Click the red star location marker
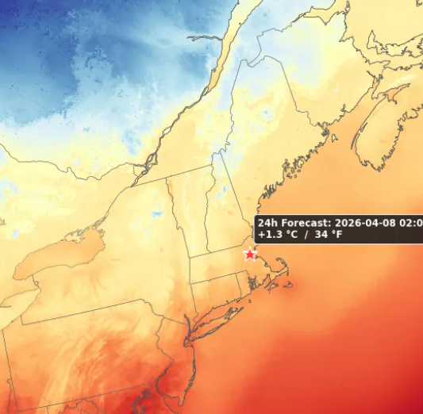pos(250,254)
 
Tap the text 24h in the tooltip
pos(267,224)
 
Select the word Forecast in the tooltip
pos(305,224)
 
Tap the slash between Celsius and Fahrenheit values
pos(314,236)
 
